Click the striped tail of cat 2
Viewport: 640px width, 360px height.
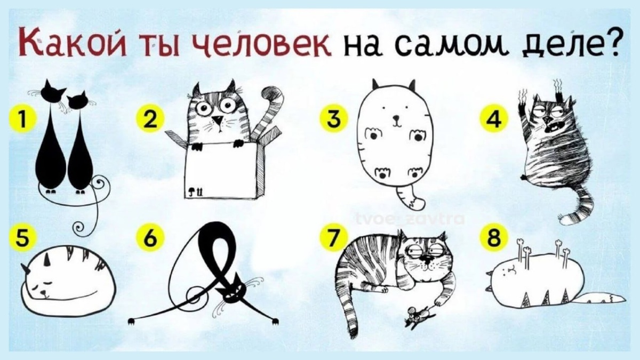(x=269, y=115)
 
